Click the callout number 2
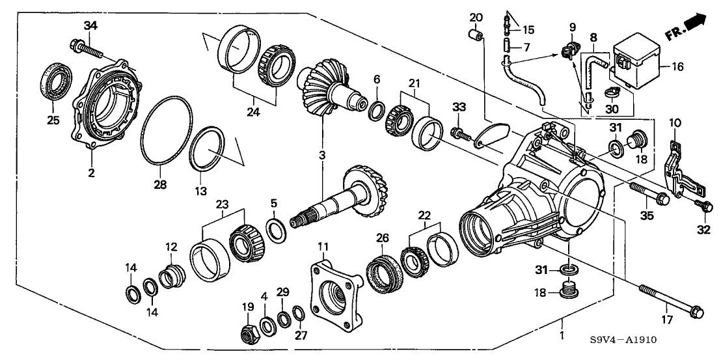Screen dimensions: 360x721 click(x=92, y=173)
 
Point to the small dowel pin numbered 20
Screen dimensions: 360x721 click(x=476, y=35)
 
